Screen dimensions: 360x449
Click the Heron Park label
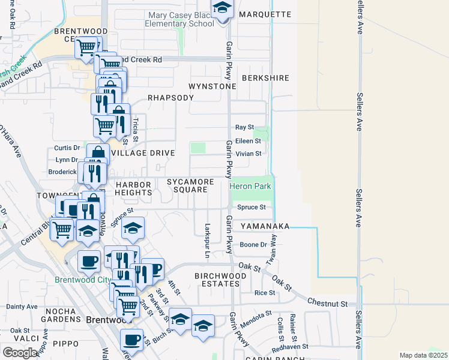(250, 187)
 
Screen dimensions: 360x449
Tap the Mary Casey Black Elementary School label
(179, 19)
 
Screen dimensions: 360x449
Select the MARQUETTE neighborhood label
(265, 14)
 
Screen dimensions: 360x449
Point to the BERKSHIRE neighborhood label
(265, 78)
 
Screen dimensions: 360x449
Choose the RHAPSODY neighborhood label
(170, 98)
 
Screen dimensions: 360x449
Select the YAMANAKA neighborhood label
(265, 226)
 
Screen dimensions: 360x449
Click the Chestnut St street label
(327, 304)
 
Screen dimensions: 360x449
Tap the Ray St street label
(244, 127)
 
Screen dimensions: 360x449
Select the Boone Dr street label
(253, 245)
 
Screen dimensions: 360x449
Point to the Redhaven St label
(289, 346)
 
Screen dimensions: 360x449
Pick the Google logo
(20, 352)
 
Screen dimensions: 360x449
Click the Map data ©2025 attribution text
(423, 355)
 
